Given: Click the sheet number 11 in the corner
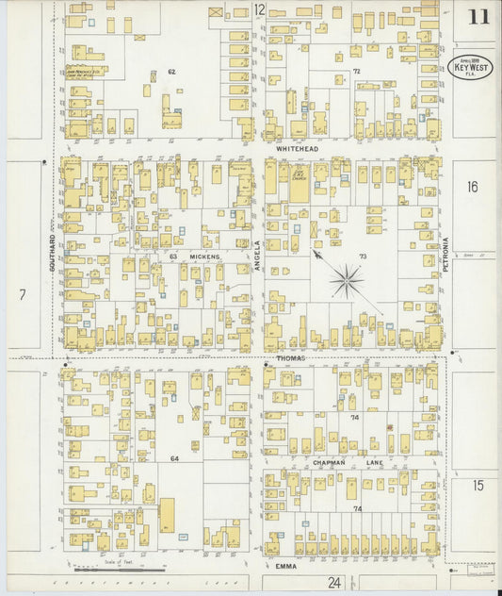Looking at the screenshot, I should point(478,17).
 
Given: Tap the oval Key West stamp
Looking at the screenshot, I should point(468,67).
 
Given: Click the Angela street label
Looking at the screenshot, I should point(257,256).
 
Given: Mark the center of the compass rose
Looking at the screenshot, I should point(348,279).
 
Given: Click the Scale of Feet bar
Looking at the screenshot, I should point(120,569).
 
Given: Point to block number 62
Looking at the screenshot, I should point(171,71).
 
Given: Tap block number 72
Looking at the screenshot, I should point(356,71).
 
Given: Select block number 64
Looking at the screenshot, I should point(174,458).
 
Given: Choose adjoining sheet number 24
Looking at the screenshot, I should point(333,583).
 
